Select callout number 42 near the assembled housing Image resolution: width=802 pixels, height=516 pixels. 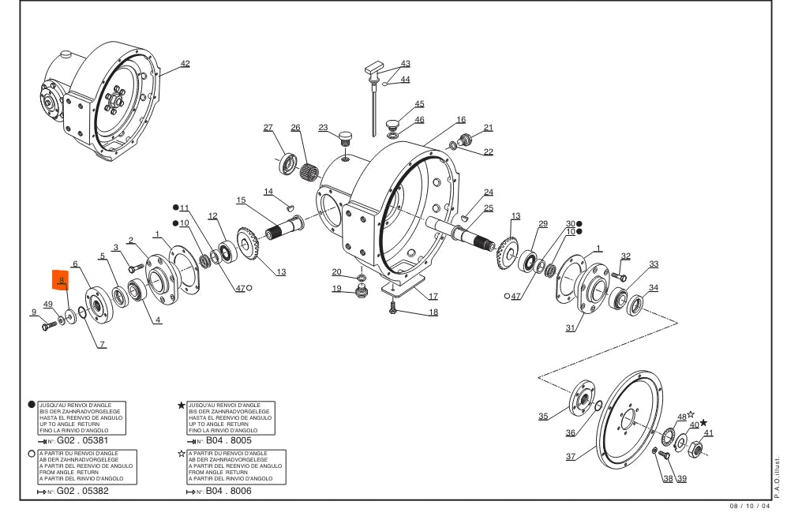(185, 63)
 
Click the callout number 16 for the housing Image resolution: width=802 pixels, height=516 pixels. (461, 120)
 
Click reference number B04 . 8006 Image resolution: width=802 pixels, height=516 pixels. (228, 491)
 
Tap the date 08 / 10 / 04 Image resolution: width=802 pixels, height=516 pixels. (742, 507)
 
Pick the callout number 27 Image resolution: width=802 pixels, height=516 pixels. (268, 127)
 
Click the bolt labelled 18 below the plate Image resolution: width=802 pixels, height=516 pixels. (392, 312)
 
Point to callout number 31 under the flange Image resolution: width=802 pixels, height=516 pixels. (570, 328)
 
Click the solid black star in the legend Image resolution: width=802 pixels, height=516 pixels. (182, 405)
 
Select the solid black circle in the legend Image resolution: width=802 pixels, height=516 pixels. (32, 404)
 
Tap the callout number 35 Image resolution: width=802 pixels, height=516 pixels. (543, 416)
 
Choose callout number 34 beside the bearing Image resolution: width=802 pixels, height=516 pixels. (653, 288)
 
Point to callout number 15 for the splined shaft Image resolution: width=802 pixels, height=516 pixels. (241, 200)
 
